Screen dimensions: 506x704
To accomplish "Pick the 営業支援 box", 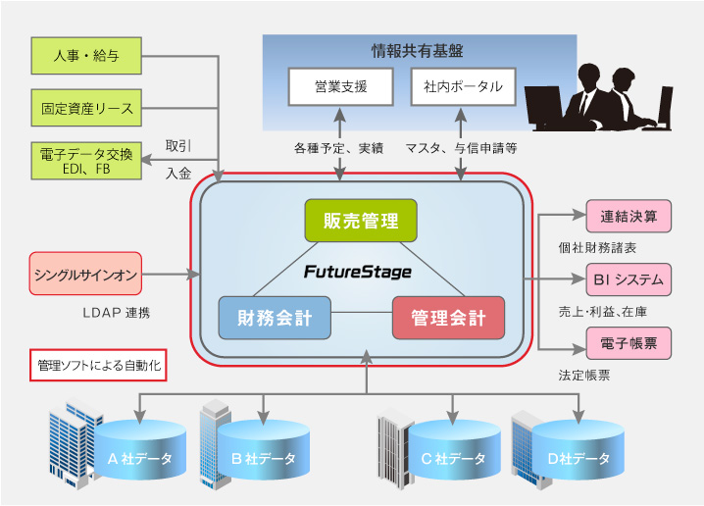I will tap(340, 87).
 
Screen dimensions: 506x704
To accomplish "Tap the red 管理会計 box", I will tap(449, 318).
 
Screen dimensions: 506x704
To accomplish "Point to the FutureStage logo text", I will tap(357, 270).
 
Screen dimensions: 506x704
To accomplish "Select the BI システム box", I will tap(629, 279).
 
